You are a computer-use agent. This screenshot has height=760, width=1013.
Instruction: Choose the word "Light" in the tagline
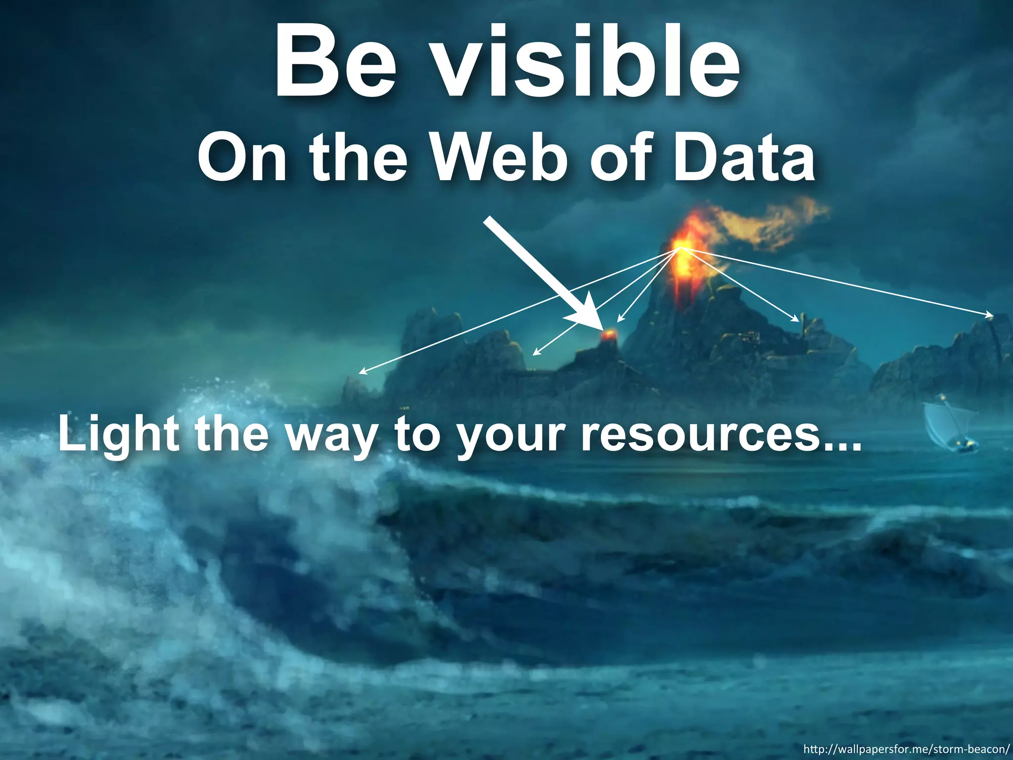119,434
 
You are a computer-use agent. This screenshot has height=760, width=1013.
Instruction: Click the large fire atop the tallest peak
683,247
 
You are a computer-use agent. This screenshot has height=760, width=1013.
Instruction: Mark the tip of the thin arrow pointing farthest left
360,373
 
